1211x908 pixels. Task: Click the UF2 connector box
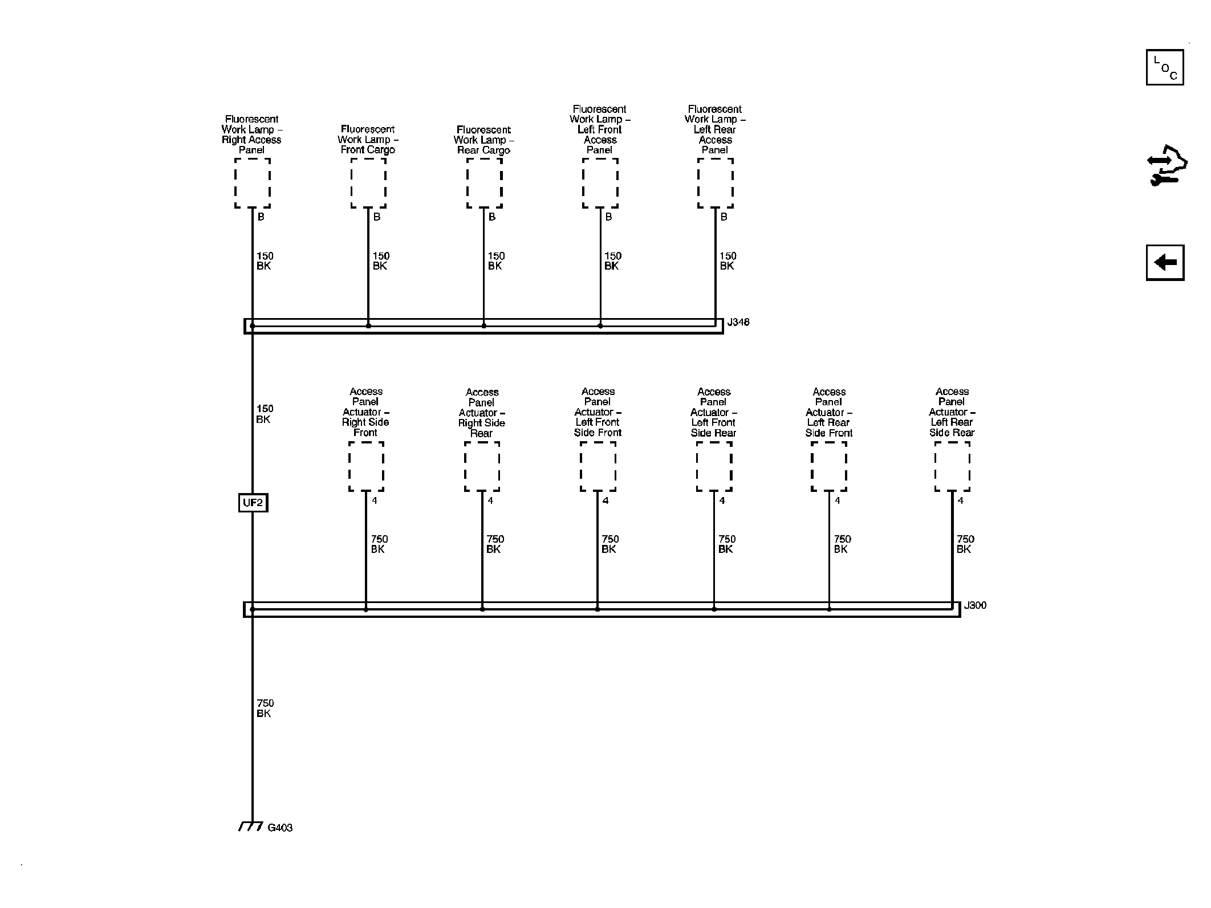253,503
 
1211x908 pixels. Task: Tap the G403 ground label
280,828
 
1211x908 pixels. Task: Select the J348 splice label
738,323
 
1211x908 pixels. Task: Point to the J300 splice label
975,605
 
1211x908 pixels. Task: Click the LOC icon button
1165,68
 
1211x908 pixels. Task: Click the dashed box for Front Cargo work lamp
368,183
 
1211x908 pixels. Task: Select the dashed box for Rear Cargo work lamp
484,183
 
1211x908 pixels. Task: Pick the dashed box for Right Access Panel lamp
253,183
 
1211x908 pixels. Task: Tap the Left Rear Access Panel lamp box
716,183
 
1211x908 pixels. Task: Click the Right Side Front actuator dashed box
366,466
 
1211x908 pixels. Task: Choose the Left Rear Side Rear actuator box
952,466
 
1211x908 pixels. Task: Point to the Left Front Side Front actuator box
598,466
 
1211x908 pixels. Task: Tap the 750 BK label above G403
265,709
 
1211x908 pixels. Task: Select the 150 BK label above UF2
265,414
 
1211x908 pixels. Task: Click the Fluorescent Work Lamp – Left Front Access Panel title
600,129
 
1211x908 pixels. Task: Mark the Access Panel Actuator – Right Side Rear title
482,413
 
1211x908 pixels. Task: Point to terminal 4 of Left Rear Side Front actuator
838,500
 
